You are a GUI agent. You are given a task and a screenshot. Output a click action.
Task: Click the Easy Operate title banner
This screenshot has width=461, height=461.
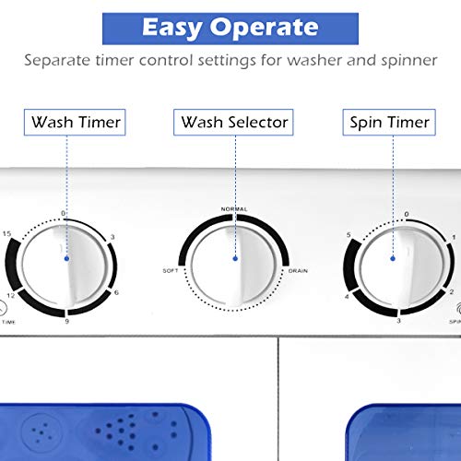230,27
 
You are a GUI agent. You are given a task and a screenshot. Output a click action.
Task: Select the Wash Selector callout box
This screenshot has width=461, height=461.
234,122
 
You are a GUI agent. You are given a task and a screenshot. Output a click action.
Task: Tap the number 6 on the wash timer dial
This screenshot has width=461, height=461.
117,292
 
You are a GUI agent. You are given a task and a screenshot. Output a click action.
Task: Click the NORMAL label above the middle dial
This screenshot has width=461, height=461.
234,210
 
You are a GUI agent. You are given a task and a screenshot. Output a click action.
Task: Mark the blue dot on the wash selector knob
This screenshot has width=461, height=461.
234,261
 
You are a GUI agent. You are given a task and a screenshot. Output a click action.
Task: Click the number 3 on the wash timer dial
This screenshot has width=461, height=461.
112,238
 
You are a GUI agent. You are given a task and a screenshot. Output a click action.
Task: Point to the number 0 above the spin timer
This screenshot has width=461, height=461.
407,215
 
